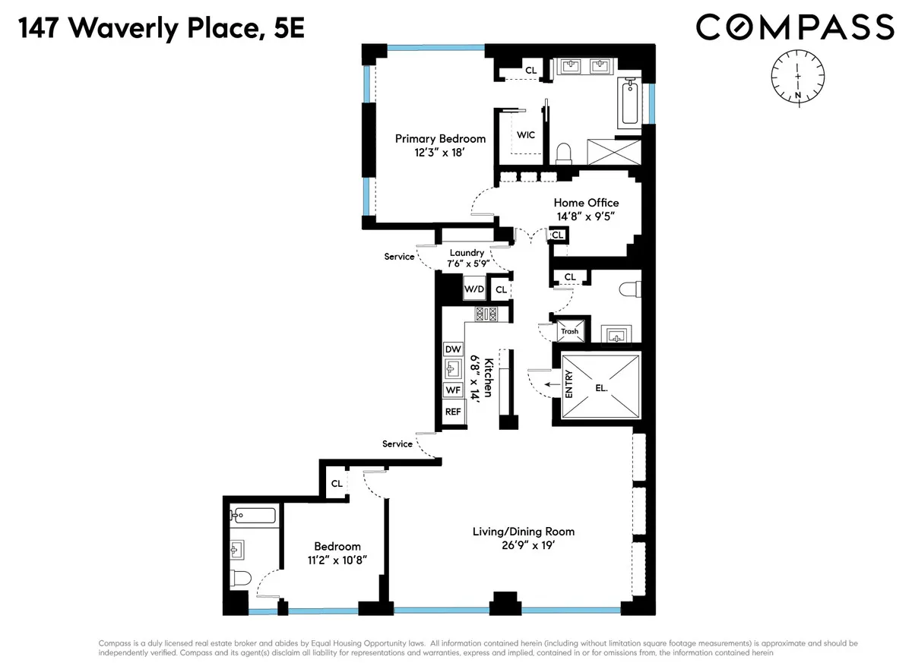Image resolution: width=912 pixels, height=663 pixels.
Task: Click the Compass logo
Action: (795, 27)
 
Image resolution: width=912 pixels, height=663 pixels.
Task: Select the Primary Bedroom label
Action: (440, 138)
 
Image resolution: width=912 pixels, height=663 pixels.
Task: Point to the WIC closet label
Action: (525, 135)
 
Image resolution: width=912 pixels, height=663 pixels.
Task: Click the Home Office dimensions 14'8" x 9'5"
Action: (585, 216)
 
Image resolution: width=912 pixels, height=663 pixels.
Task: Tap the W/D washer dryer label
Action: (473, 289)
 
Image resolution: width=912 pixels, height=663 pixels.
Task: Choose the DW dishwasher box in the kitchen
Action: (453, 349)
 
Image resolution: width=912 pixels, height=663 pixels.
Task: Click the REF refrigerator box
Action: (453, 411)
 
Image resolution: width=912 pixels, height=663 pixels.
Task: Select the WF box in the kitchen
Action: (453, 390)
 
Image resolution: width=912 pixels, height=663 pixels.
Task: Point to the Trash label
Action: (569, 331)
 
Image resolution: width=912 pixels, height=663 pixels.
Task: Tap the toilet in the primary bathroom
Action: (564, 153)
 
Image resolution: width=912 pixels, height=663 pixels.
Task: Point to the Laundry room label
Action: (467, 253)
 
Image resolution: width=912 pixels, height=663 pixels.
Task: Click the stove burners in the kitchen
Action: (486, 313)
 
